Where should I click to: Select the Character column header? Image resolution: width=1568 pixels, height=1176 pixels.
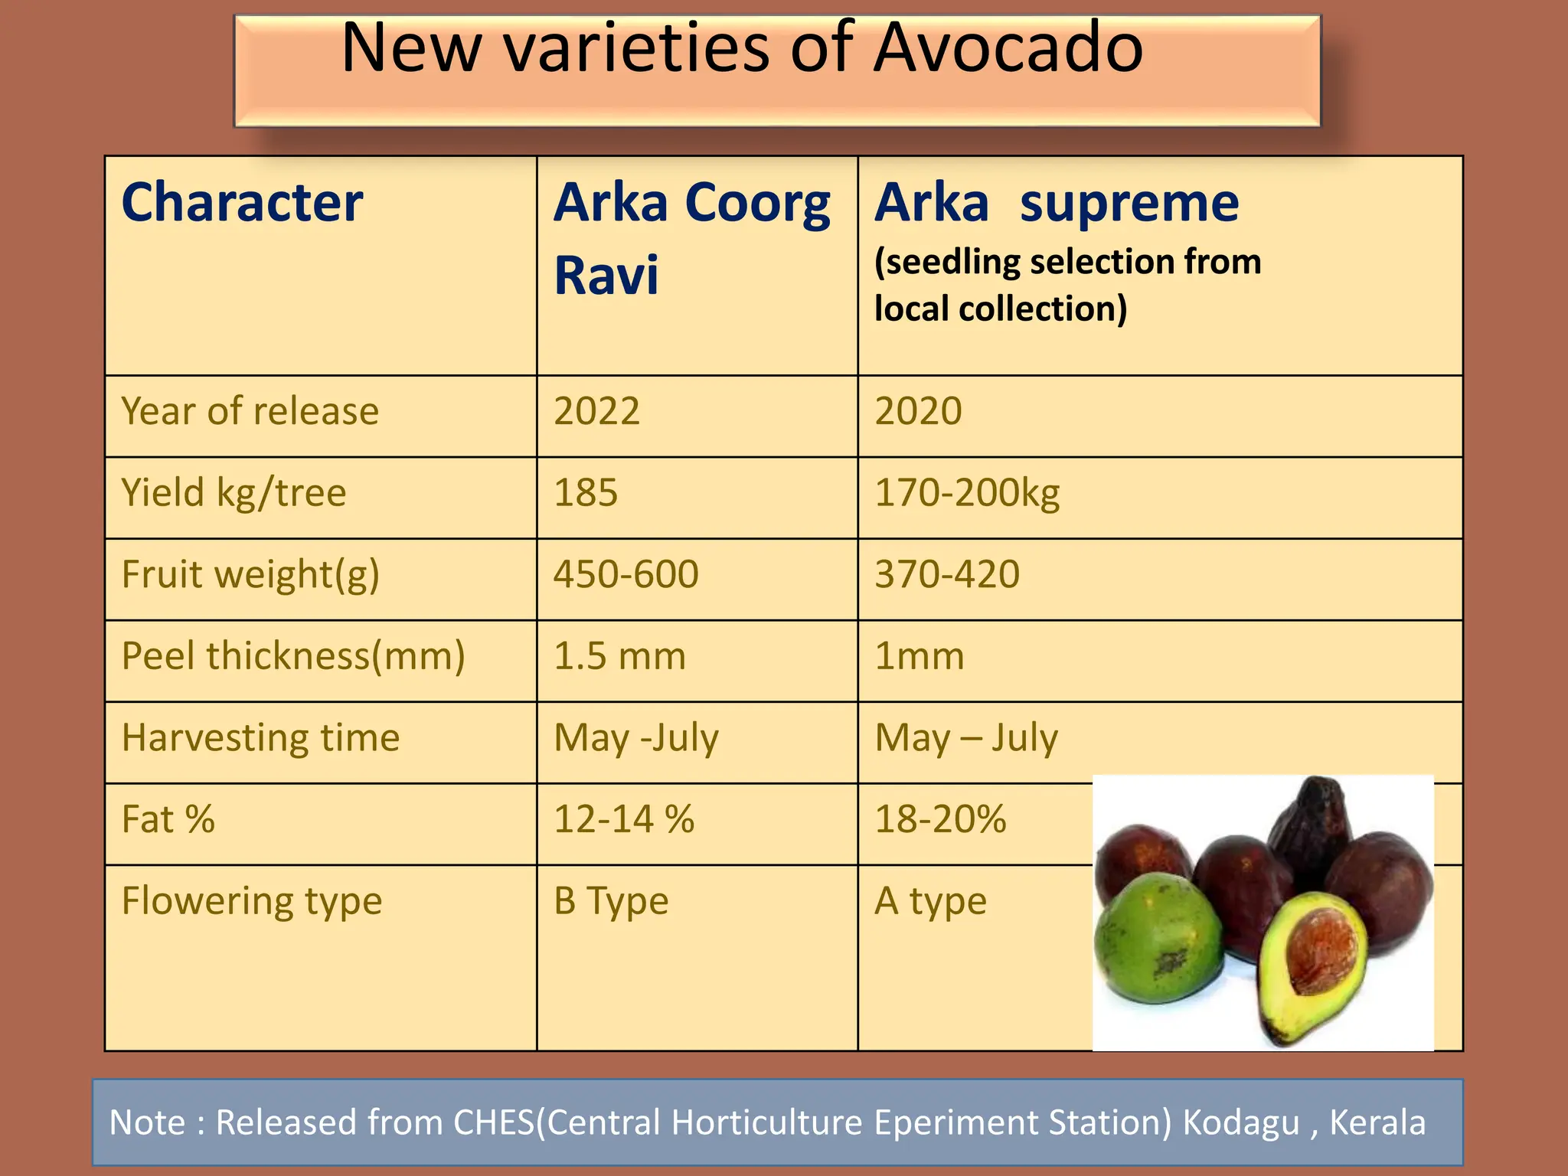(x=242, y=203)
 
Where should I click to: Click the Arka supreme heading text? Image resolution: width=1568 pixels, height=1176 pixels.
(x=1057, y=203)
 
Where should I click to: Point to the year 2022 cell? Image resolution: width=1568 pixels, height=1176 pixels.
(x=596, y=411)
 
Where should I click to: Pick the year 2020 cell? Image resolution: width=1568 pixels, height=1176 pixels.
(x=918, y=411)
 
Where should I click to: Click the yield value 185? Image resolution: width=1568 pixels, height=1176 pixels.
(x=586, y=492)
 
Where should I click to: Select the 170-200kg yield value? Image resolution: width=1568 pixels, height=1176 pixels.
(x=967, y=492)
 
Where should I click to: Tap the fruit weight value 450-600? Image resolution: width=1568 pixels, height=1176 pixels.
(x=626, y=574)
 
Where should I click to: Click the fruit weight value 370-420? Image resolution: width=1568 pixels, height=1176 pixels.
(x=947, y=574)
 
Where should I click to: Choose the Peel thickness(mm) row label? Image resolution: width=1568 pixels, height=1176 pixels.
(x=293, y=656)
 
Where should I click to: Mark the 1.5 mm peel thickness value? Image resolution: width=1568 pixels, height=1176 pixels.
(x=619, y=656)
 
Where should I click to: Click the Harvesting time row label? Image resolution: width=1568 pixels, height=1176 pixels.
(x=260, y=738)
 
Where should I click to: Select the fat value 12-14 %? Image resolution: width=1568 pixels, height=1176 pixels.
(x=624, y=819)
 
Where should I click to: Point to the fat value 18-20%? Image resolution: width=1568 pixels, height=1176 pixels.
(x=940, y=819)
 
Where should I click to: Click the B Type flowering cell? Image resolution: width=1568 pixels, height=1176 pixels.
(x=611, y=901)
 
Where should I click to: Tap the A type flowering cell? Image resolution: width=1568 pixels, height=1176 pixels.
(x=930, y=901)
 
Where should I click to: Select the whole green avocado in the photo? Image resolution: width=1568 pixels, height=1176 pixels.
(x=1158, y=939)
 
